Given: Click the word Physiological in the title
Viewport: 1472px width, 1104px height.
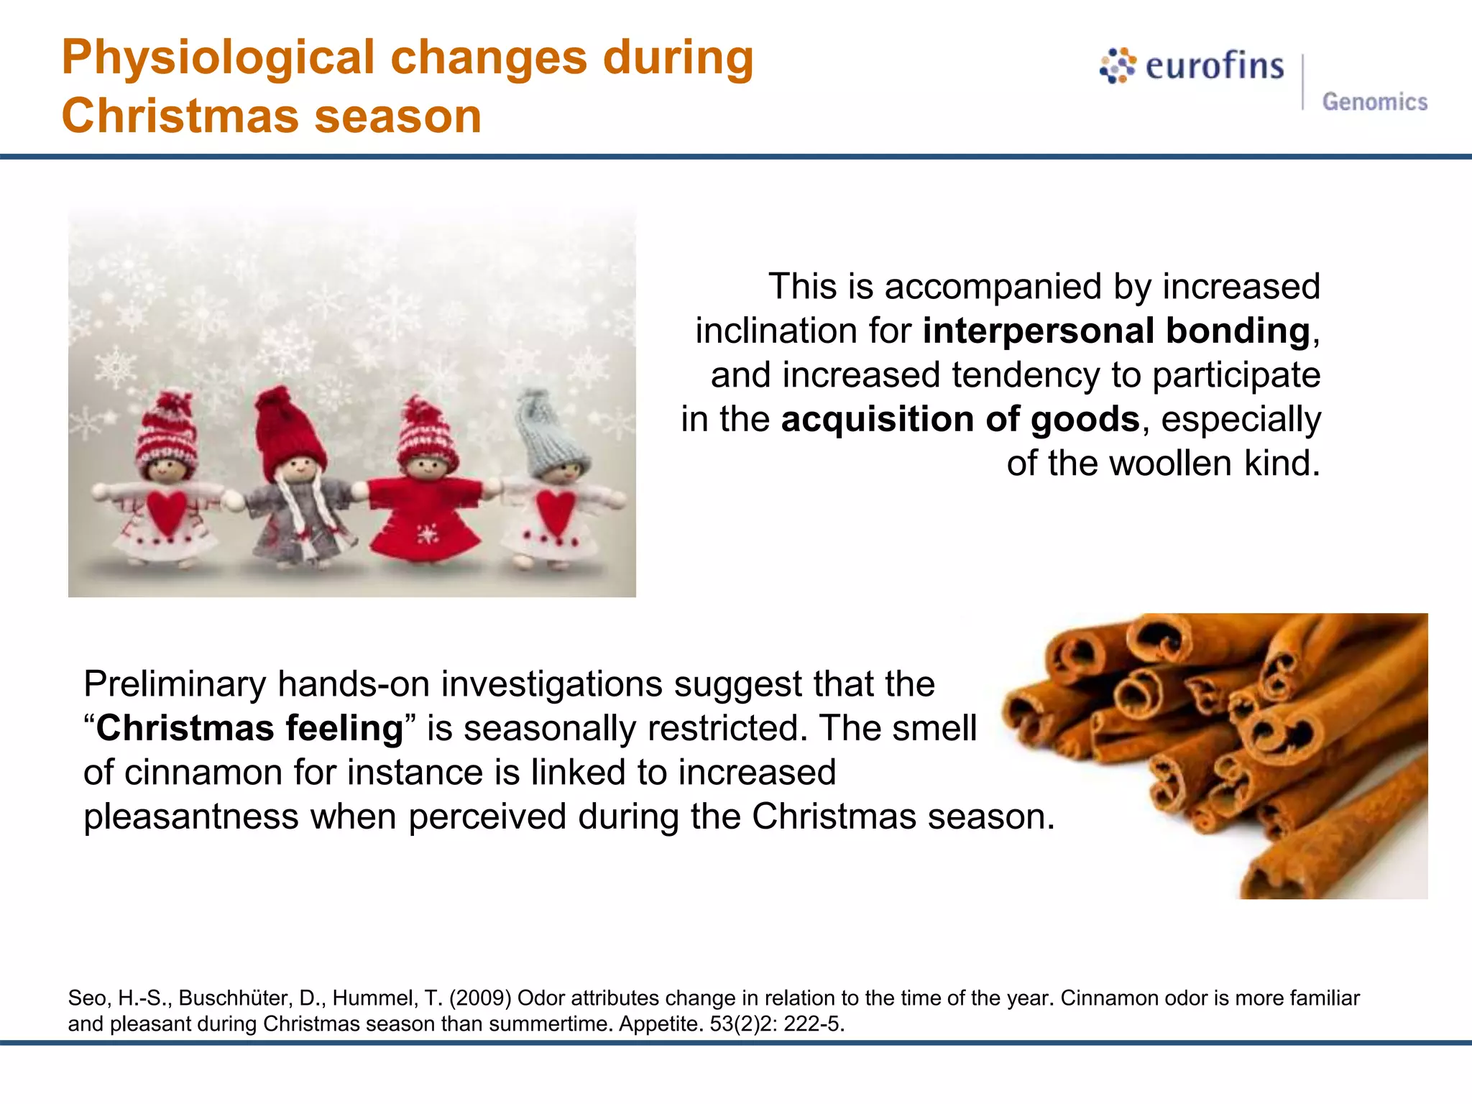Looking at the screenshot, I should (218, 57).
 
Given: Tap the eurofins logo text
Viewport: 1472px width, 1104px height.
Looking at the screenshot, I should (1214, 66).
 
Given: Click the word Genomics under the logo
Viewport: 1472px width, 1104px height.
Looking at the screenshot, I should (1374, 102).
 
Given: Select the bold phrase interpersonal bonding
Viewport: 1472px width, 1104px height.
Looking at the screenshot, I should (1116, 331).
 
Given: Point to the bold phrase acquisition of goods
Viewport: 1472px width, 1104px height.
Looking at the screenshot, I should (960, 419).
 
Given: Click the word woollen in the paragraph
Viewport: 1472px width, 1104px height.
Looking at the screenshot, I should (1170, 463).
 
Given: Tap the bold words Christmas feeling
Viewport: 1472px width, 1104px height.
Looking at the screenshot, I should (249, 728).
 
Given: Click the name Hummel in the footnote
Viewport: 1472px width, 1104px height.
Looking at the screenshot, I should (374, 998).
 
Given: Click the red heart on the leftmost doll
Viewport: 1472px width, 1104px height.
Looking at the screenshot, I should (167, 510).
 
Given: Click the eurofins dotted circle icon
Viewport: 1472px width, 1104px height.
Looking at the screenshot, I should (1117, 66).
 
